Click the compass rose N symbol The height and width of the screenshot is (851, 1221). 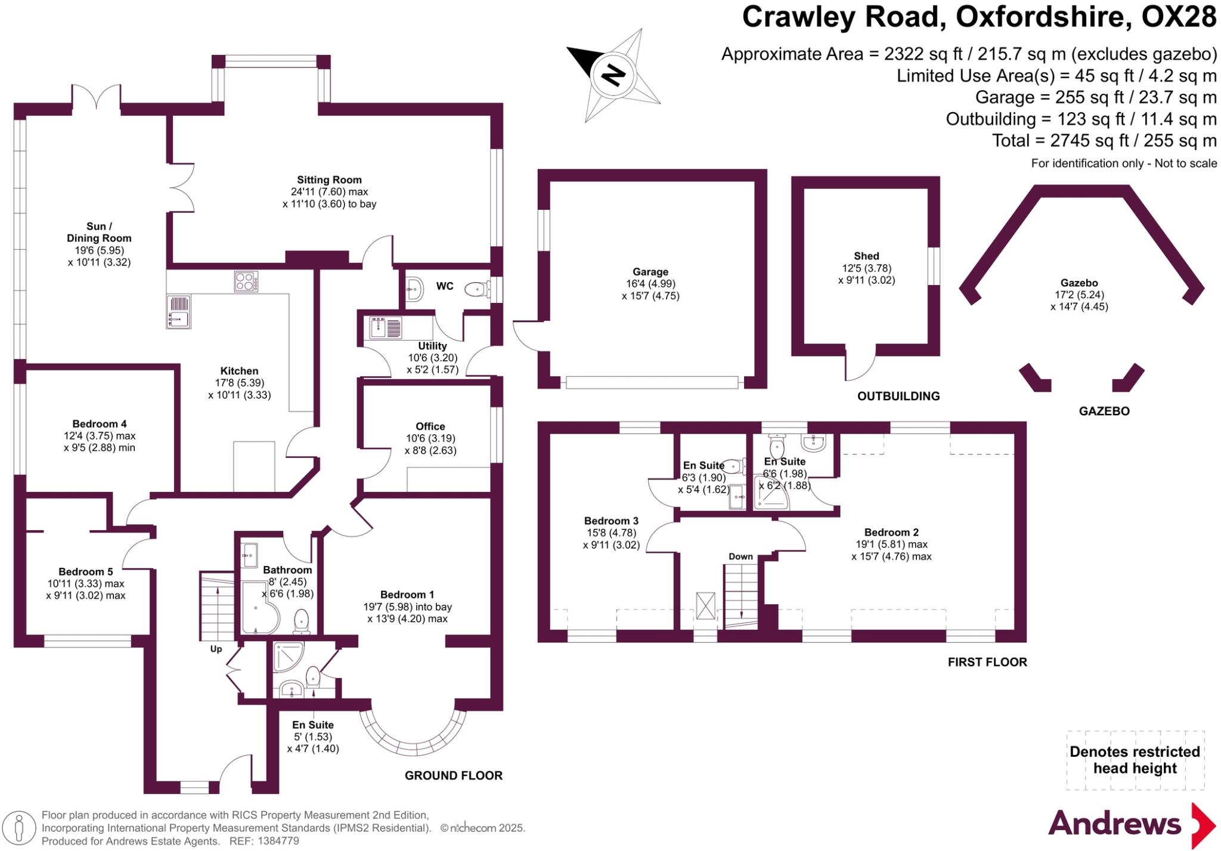(x=613, y=76)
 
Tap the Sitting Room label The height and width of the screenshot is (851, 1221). (x=329, y=180)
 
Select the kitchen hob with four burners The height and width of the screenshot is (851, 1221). (x=246, y=281)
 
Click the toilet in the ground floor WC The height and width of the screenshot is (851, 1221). (x=477, y=290)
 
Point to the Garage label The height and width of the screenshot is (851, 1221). (x=650, y=272)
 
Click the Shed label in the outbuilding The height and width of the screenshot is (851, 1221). (x=866, y=256)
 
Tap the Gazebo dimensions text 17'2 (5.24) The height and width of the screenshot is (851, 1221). (x=1079, y=295)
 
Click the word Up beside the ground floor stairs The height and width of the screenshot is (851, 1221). (x=216, y=649)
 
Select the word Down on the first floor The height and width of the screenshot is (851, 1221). (x=740, y=556)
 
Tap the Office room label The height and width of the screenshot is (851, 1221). (x=430, y=426)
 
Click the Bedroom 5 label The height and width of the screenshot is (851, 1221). (x=86, y=572)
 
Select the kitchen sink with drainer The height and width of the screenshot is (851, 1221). (x=178, y=311)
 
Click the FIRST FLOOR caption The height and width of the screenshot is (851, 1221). (x=987, y=662)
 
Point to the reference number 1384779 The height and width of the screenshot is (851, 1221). (x=278, y=841)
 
